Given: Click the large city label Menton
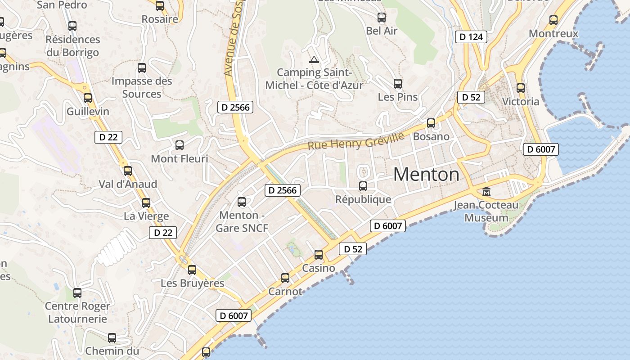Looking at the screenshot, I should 426,175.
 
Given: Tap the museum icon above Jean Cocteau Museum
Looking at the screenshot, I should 486,192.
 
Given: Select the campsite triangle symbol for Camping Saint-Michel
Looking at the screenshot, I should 314,59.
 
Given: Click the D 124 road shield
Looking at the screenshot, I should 471,37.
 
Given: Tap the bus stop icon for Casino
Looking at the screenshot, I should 319,255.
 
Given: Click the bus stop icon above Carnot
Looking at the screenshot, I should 285,278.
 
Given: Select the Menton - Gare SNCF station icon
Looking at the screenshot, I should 242,202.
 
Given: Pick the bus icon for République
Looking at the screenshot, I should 363,186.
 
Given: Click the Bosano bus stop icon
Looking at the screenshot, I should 431,123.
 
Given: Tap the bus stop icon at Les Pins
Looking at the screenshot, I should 398,84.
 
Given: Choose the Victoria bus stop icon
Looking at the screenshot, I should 521,88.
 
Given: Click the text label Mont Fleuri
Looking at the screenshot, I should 180,158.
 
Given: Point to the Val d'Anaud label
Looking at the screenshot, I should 128,184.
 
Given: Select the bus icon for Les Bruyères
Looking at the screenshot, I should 192,270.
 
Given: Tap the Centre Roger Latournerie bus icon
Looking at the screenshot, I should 77,293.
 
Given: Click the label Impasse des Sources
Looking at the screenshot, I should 142,87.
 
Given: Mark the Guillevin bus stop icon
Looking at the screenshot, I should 88,98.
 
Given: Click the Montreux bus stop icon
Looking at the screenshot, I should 553,20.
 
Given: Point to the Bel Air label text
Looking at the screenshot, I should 382,31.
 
